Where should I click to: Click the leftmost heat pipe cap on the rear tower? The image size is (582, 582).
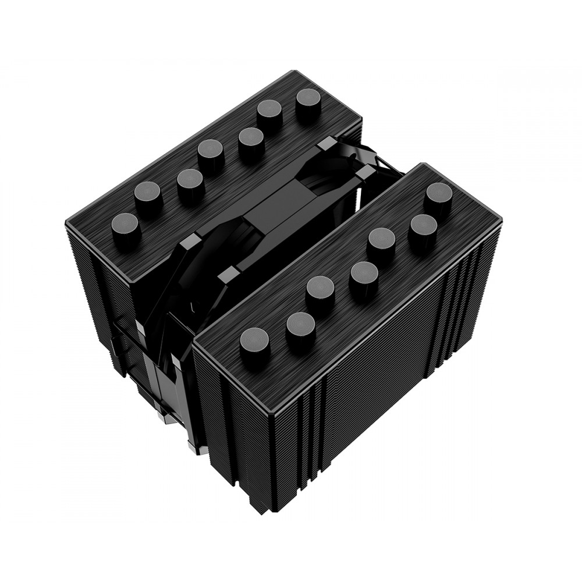click(126, 225)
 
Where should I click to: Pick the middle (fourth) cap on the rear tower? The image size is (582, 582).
click(211, 152)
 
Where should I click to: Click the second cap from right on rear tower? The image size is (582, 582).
click(269, 112)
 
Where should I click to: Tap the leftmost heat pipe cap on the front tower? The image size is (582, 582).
click(254, 340)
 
